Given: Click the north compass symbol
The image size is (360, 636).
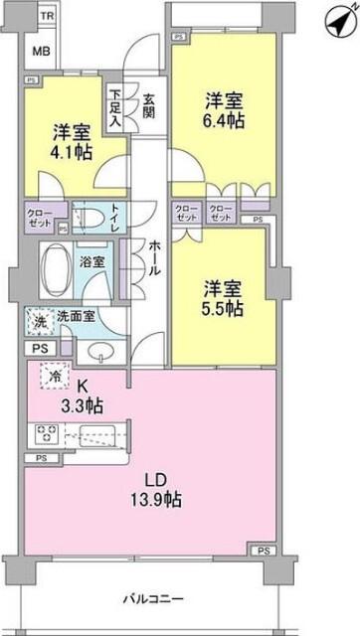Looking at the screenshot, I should pos(337,19).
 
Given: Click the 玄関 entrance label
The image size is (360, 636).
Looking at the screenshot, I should pos(148,104).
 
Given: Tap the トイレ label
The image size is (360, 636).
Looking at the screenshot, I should pos(117,218).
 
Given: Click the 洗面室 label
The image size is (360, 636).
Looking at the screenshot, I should pos(77,316).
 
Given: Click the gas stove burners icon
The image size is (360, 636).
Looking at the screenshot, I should pos(46,434).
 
